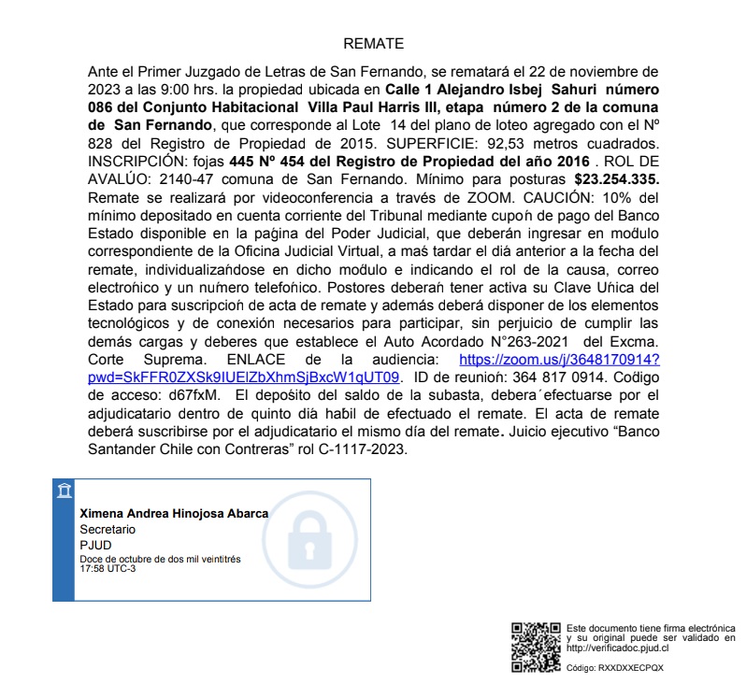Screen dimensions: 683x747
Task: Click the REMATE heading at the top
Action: tap(373, 44)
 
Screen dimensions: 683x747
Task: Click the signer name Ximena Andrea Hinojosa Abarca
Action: tap(174, 513)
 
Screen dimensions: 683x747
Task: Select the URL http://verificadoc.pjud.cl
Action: tap(617, 647)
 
